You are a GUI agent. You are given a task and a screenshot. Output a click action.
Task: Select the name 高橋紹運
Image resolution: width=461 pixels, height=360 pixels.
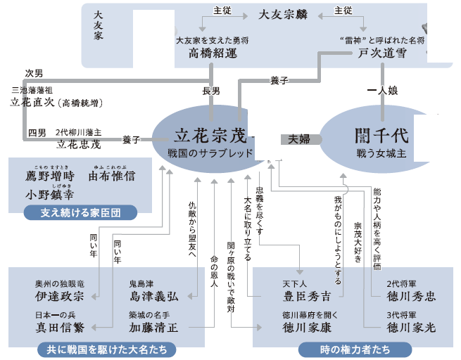[x=211, y=53]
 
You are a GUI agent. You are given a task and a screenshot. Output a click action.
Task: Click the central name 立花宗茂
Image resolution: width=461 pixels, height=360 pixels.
[x=211, y=134]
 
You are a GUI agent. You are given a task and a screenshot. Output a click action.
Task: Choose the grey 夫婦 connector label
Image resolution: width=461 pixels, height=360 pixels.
[x=301, y=139]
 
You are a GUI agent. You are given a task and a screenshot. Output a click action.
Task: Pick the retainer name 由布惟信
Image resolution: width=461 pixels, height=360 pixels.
[x=111, y=176]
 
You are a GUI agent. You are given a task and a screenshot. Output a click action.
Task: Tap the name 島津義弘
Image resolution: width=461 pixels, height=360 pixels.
[x=153, y=296]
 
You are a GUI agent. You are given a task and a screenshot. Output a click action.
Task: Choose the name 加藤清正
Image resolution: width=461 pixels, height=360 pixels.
[x=153, y=327]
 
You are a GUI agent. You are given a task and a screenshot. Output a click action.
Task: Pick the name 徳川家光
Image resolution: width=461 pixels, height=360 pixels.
[x=410, y=327]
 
